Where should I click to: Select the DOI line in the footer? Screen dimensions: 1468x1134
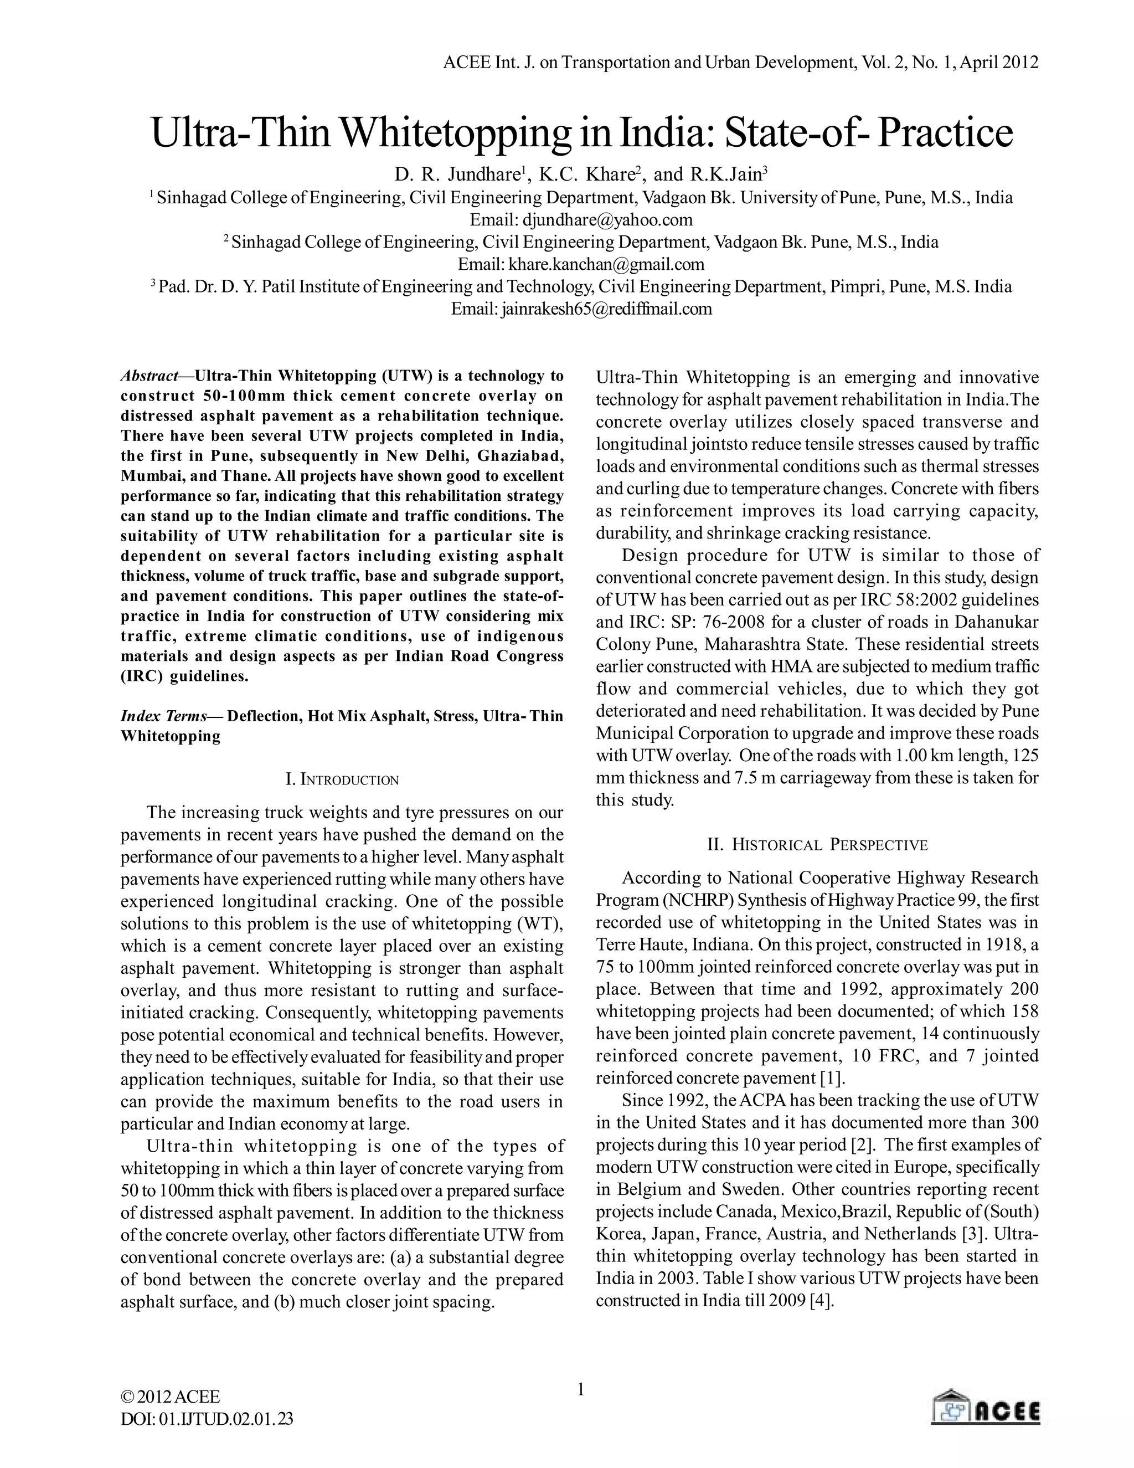(x=207, y=1418)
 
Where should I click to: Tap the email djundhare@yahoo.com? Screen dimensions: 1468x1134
(x=607, y=220)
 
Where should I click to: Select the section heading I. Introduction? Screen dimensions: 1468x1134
(x=342, y=780)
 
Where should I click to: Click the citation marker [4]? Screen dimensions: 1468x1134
(x=822, y=1301)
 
